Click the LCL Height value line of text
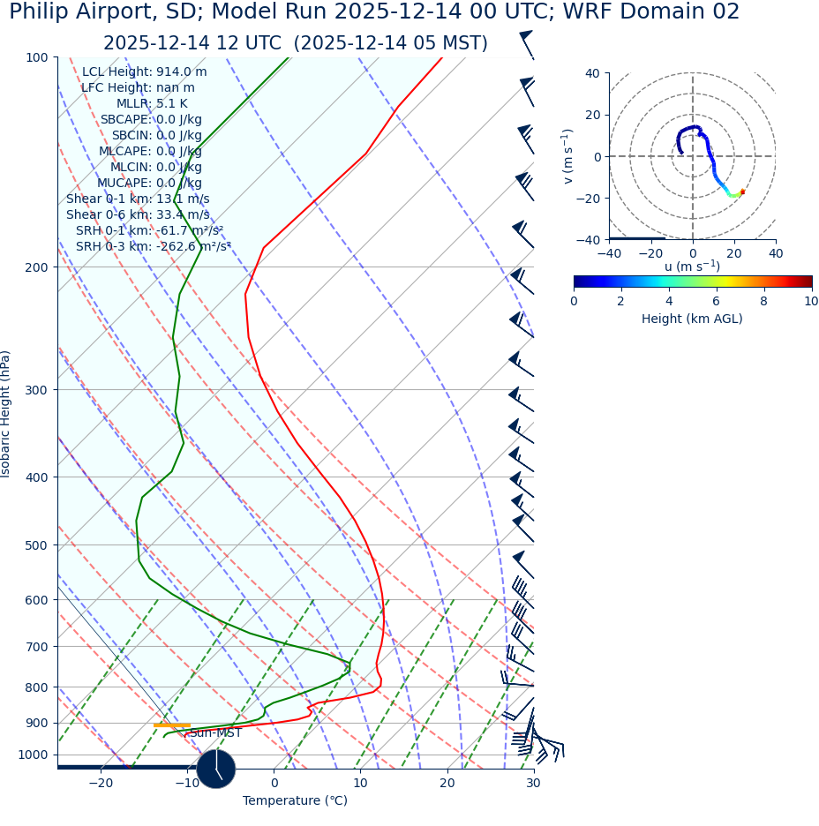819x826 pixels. point(145,72)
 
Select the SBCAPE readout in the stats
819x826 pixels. point(151,120)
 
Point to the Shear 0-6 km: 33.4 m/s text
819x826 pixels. point(138,215)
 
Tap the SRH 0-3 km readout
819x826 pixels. point(154,247)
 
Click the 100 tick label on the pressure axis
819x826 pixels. point(36,57)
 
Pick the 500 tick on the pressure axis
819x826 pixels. point(36,545)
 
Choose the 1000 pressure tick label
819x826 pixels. point(33,755)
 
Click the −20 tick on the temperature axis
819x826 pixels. point(100,784)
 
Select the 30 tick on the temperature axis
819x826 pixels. point(533,784)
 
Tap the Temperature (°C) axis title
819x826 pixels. point(295,801)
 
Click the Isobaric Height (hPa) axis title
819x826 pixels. point(7,414)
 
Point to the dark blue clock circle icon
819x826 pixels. point(216,769)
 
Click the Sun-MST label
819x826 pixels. point(215,733)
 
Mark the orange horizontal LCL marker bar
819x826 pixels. point(171,725)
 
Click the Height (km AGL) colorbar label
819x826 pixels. point(692,319)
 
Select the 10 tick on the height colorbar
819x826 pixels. point(810,302)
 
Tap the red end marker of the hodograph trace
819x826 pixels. point(742,191)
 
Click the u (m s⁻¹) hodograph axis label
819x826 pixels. point(692,267)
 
